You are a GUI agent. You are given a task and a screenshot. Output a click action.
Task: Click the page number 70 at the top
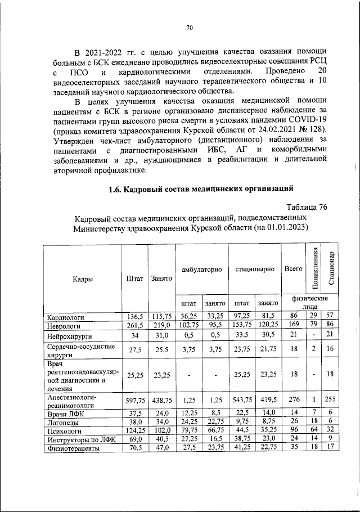[x=190, y=28]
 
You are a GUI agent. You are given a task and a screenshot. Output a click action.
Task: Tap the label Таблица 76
[x=307, y=207]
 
